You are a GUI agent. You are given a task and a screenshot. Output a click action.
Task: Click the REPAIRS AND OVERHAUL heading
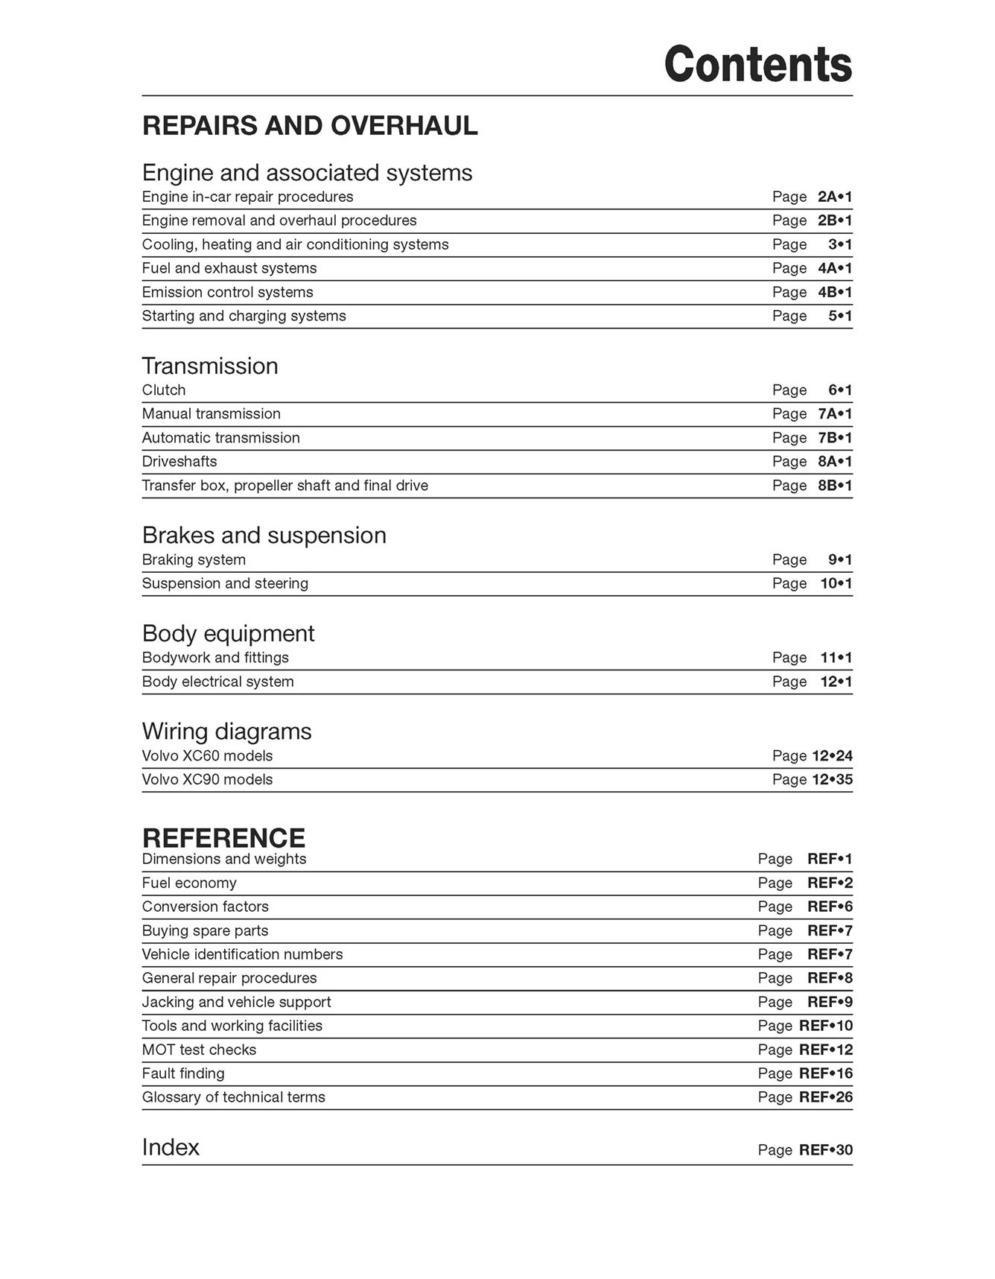tap(310, 126)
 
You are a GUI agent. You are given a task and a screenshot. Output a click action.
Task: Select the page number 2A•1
tap(834, 197)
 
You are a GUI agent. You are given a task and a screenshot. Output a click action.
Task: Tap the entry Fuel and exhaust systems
tap(229, 268)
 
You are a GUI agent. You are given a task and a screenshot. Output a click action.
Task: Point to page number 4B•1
tap(834, 292)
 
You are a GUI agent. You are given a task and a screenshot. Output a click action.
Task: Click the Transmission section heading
tap(210, 366)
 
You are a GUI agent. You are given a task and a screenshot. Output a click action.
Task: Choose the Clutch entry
tap(164, 390)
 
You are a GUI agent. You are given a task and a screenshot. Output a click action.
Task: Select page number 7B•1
tap(834, 438)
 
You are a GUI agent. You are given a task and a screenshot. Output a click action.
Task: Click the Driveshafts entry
tap(179, 462)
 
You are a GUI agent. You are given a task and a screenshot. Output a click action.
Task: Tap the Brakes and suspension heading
tap(264, 536)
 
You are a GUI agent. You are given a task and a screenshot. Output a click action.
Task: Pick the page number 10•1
tap(836, 583)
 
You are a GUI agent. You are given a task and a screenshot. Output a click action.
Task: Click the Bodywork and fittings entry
tap(215, 658)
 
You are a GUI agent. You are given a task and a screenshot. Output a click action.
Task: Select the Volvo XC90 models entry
tap(207, 780)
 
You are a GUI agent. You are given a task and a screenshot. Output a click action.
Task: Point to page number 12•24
tap(832, 756)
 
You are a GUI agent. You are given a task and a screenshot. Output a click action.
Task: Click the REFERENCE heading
tap(223, 838)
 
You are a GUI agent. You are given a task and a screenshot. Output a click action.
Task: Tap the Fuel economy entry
tap(189, 883)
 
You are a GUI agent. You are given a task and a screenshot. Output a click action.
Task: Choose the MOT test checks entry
tap(199, 1050)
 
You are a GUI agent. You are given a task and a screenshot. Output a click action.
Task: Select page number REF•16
tap(825, 1073)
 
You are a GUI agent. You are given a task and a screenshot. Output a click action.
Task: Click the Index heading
tap(171, 1147)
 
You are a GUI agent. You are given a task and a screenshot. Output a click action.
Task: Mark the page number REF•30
tap(825, 1150)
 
